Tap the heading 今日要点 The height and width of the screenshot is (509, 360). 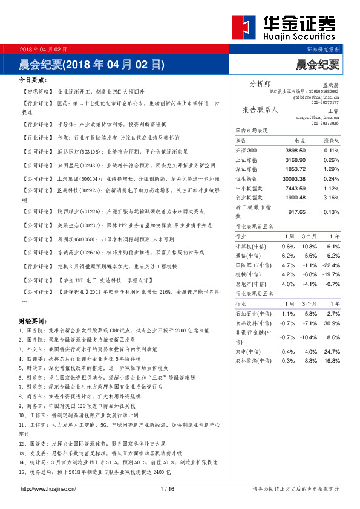tap(34, 80)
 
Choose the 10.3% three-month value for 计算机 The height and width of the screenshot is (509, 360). tap(309, 247)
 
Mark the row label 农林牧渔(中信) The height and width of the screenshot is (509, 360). tap(253, 360)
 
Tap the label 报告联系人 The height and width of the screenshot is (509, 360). tap(260, 111)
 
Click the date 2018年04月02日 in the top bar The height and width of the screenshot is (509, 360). tap(44, 49)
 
